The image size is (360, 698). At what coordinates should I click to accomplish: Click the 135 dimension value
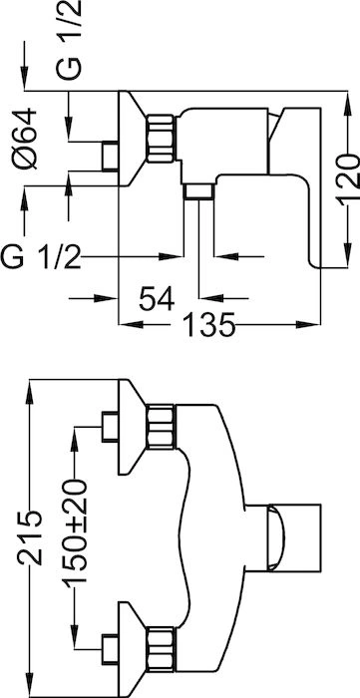click(x=207, y=324)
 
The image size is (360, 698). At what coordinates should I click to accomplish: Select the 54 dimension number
click(x=157, y=298)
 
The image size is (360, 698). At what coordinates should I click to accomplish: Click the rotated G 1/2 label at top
click(x=70, y=40)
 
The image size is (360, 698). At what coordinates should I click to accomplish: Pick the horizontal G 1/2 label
click(x=41, y=257)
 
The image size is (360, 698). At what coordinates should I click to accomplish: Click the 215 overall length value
click(x=30, y=538)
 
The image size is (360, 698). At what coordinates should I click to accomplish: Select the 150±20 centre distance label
click(x=75, y=533)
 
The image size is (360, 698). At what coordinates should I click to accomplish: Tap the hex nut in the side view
click(x=161, y=138)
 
